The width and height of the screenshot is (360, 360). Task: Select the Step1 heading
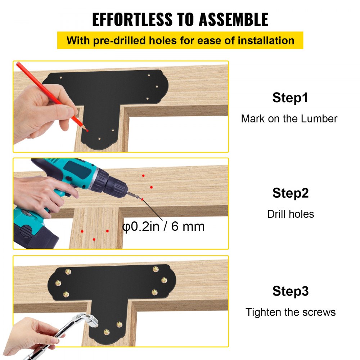290,98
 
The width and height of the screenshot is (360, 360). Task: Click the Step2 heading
290,193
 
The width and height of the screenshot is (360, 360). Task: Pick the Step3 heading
290,291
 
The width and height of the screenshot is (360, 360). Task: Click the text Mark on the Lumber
289,118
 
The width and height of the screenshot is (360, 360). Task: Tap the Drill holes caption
290,214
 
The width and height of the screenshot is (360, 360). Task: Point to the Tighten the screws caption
290,312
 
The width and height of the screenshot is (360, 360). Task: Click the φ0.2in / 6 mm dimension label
164,226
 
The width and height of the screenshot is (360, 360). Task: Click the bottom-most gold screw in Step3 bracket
106,332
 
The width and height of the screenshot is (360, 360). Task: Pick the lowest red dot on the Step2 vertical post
94,239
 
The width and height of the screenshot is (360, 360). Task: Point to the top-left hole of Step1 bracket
61,77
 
